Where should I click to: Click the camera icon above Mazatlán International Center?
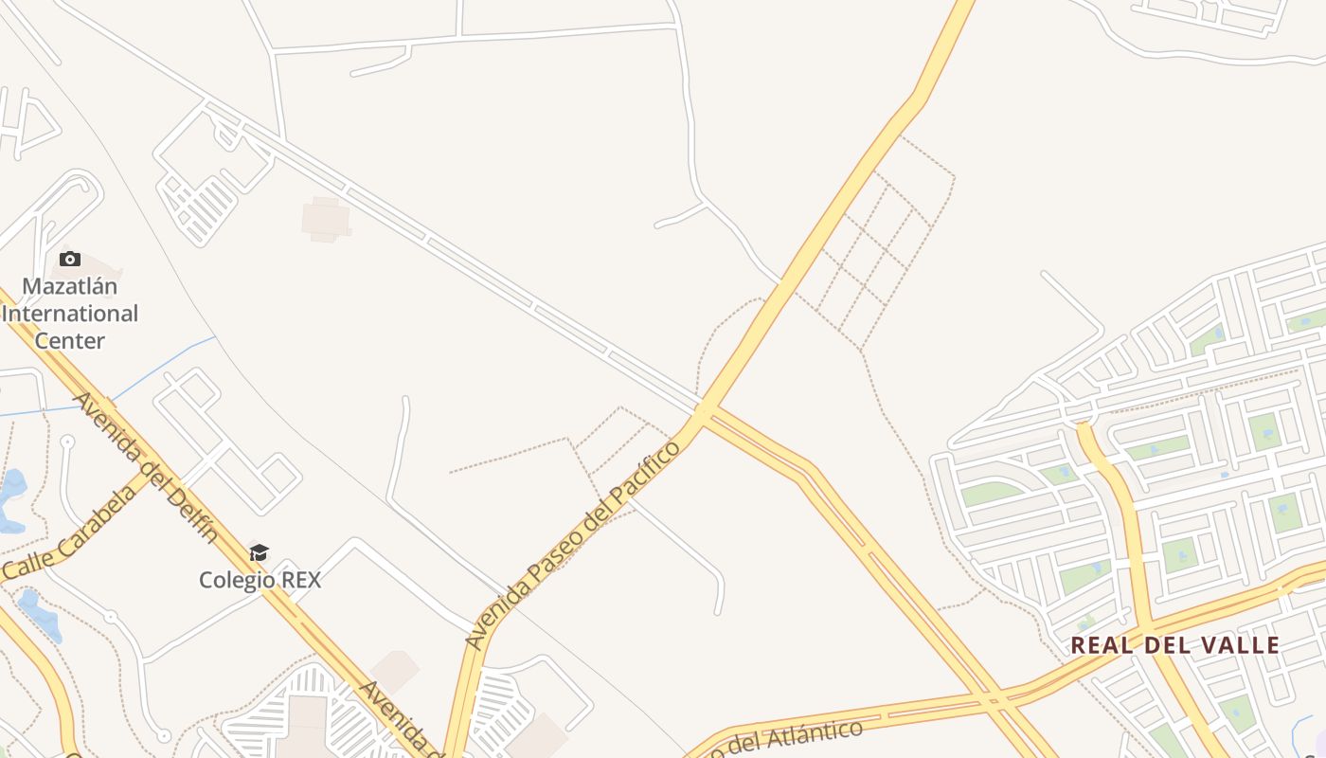point(69,259)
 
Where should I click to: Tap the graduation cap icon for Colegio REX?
point(259,552)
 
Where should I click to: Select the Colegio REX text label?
point(260,580)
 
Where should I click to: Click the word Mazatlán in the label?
point(69,286)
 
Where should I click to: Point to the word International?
point(69,314)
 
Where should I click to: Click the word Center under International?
point(69,340)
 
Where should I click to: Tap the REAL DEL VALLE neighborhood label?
point(1174,645)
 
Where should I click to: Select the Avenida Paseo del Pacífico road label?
point(573,545)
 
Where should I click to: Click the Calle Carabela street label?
point(71,536)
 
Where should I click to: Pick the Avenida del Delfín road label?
point(146,465)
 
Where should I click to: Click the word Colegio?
point(237,580)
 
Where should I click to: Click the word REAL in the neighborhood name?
point(1098,645)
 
